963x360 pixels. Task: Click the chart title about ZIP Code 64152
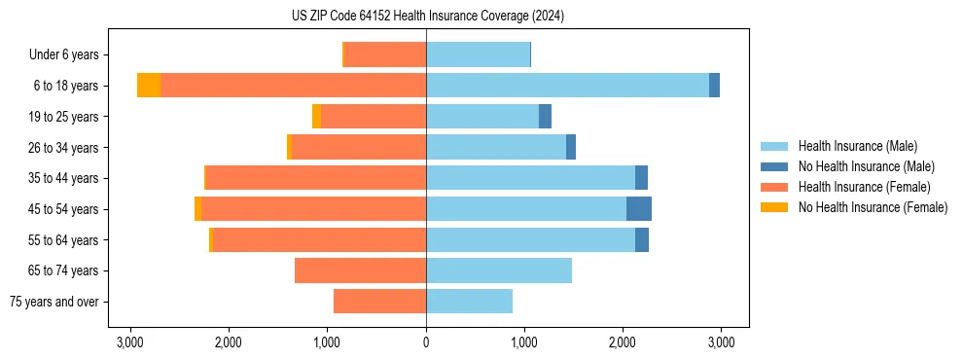[x=427, y=17]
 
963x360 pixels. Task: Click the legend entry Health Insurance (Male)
[x=857, y=146]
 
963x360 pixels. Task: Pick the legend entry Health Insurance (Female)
[x=864, y=187]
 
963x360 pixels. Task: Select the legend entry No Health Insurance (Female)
[x=873, y=207]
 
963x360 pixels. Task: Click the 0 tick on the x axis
[x=426, y=342]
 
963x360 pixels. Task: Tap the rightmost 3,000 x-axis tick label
[x=721, y=342]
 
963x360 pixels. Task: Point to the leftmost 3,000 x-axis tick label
[x=130, y=342]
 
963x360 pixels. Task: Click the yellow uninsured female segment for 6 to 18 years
[x=149, y=86]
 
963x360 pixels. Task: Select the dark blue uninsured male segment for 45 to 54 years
[x=638, y=209]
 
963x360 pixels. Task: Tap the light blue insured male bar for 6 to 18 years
[x=567, y=86]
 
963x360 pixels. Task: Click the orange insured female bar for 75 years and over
[x=379, y=302]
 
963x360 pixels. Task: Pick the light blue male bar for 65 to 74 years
[x=498, y=270]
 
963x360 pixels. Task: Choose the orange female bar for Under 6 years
[x=385, y=55]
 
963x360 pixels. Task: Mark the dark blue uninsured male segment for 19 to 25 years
[x=545, y=117]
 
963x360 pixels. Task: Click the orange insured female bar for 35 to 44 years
[x=316, y=178]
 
